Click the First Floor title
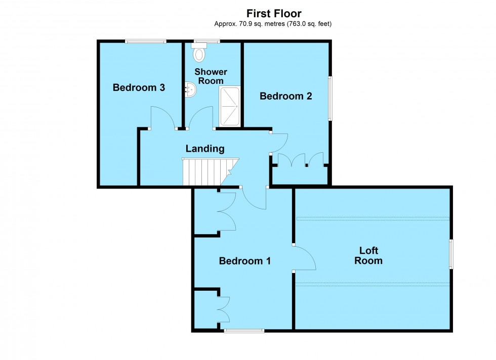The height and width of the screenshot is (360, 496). (273, 14)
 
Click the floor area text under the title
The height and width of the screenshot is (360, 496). (273, 24)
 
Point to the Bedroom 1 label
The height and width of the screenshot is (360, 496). (244, 261)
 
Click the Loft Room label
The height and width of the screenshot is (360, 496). (368, 256)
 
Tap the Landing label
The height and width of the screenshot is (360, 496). (204, 149)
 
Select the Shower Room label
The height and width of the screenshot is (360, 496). (212, 76)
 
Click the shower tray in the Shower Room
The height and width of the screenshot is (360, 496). (229, 106)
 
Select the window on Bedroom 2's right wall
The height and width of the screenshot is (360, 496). (330, 98)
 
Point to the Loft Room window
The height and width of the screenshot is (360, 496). (450, 253)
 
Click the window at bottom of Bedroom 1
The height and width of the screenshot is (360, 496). (244, 331)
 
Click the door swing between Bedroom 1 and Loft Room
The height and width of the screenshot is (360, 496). (305, 258)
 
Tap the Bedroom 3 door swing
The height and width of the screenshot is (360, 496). (163, 118)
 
